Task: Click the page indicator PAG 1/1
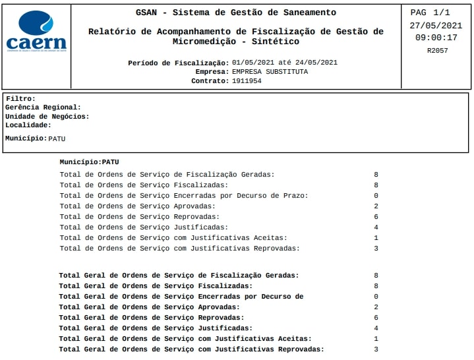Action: coord(430,13)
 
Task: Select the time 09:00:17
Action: coord(436,38)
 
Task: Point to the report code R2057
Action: coord(437,50)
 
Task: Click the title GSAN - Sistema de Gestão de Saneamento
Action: coord(235,13)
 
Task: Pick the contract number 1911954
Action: coord(247,81)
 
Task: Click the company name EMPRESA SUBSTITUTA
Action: coord(270,72)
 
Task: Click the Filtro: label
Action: coord(20,99)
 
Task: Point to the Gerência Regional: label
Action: coord(43,107)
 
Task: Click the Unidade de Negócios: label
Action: coord(47,116)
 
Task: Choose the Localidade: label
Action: coord(28,125)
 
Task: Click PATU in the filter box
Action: coord(57,138)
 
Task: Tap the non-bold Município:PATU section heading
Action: coord(89,162)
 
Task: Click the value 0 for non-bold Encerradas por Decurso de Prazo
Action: coord(376,196)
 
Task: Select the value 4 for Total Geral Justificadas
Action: coord(376,328)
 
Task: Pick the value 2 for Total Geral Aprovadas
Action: coord(376,307)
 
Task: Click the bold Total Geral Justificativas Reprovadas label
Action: coord(191,349)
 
